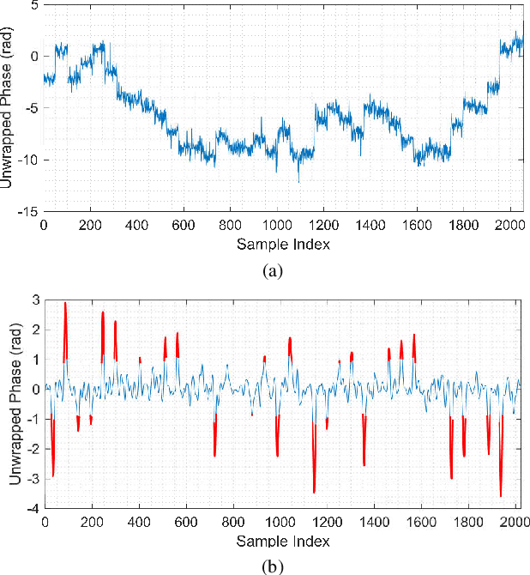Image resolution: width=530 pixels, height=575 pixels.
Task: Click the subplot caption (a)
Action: [x=274, y=271]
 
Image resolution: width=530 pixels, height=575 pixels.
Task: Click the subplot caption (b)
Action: [x=274, y=566]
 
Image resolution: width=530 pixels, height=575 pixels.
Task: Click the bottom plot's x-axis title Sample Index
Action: [x=282, y=542]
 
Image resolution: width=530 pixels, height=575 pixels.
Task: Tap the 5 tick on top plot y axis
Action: [x=33, y=5]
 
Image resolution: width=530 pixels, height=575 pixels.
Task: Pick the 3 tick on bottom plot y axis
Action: [x=34, y=300]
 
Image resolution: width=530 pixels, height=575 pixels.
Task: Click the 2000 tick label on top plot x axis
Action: [x=509, y=227]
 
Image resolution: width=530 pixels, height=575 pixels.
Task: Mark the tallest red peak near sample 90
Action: [x=65, y=303]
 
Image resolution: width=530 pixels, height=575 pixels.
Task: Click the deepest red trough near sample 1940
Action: [x=501, y=495]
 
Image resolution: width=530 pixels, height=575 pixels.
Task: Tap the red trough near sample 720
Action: [x=214, y=455]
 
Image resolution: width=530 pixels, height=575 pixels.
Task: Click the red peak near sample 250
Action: [x=103, y=312]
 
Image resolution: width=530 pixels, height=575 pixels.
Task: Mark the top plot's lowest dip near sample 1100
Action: [x=299, y=181]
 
